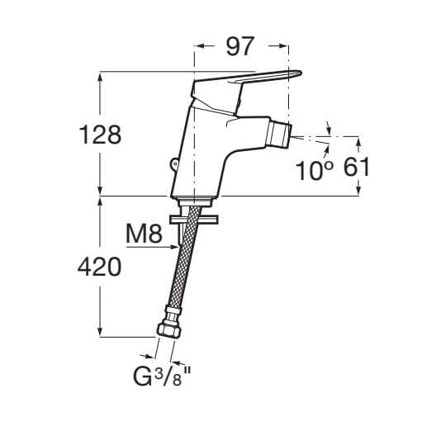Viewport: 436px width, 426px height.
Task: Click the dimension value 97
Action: [240, 47]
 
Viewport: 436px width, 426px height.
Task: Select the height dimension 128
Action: [98, 134]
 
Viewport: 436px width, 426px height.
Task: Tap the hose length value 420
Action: [98, 266]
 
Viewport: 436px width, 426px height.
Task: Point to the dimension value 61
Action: [356, 168]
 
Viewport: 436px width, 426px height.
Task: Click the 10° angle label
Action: [315, 170]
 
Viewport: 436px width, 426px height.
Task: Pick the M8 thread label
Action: [143, 234]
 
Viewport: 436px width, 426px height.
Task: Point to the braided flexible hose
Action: [184, 264]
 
